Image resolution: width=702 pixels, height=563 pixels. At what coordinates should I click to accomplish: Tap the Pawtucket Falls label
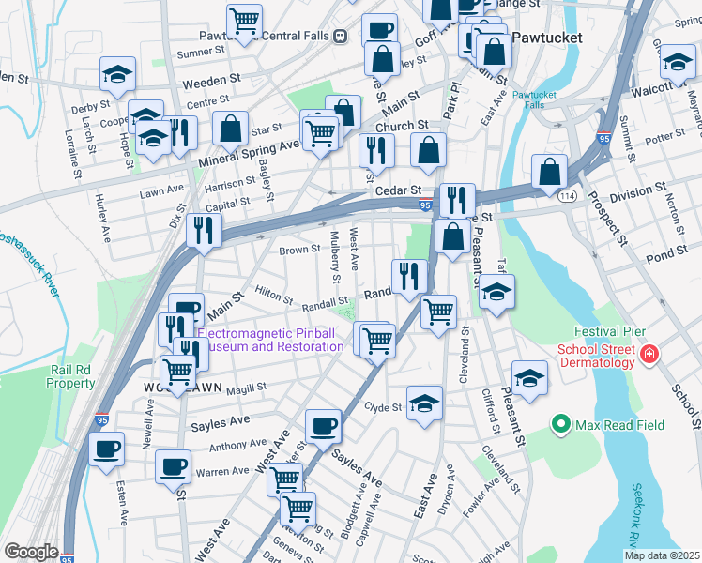pos(535,101)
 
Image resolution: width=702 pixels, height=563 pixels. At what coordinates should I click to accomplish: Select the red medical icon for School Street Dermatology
pos(649,354)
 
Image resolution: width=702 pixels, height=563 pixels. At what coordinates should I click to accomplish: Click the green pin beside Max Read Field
pos(561,425)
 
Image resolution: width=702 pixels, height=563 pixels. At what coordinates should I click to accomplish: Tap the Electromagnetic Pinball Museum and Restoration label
pos(270,339)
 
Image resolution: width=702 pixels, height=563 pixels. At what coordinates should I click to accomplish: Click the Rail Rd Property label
pos(71,376)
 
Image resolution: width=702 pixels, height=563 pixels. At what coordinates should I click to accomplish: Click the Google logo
pos(31,552)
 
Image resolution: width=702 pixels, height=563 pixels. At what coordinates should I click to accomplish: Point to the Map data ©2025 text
pos(662,555)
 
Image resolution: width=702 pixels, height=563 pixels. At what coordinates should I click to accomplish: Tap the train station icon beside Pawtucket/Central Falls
pos(340,36)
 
